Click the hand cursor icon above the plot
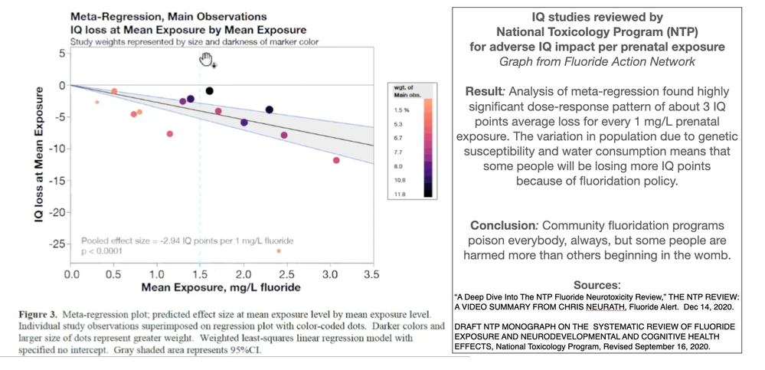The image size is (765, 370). pos(206,61)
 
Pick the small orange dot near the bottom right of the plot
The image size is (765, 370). pos(278,250)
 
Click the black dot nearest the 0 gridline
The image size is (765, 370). pos(210,91)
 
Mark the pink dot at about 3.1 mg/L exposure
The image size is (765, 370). pos(336,160)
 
